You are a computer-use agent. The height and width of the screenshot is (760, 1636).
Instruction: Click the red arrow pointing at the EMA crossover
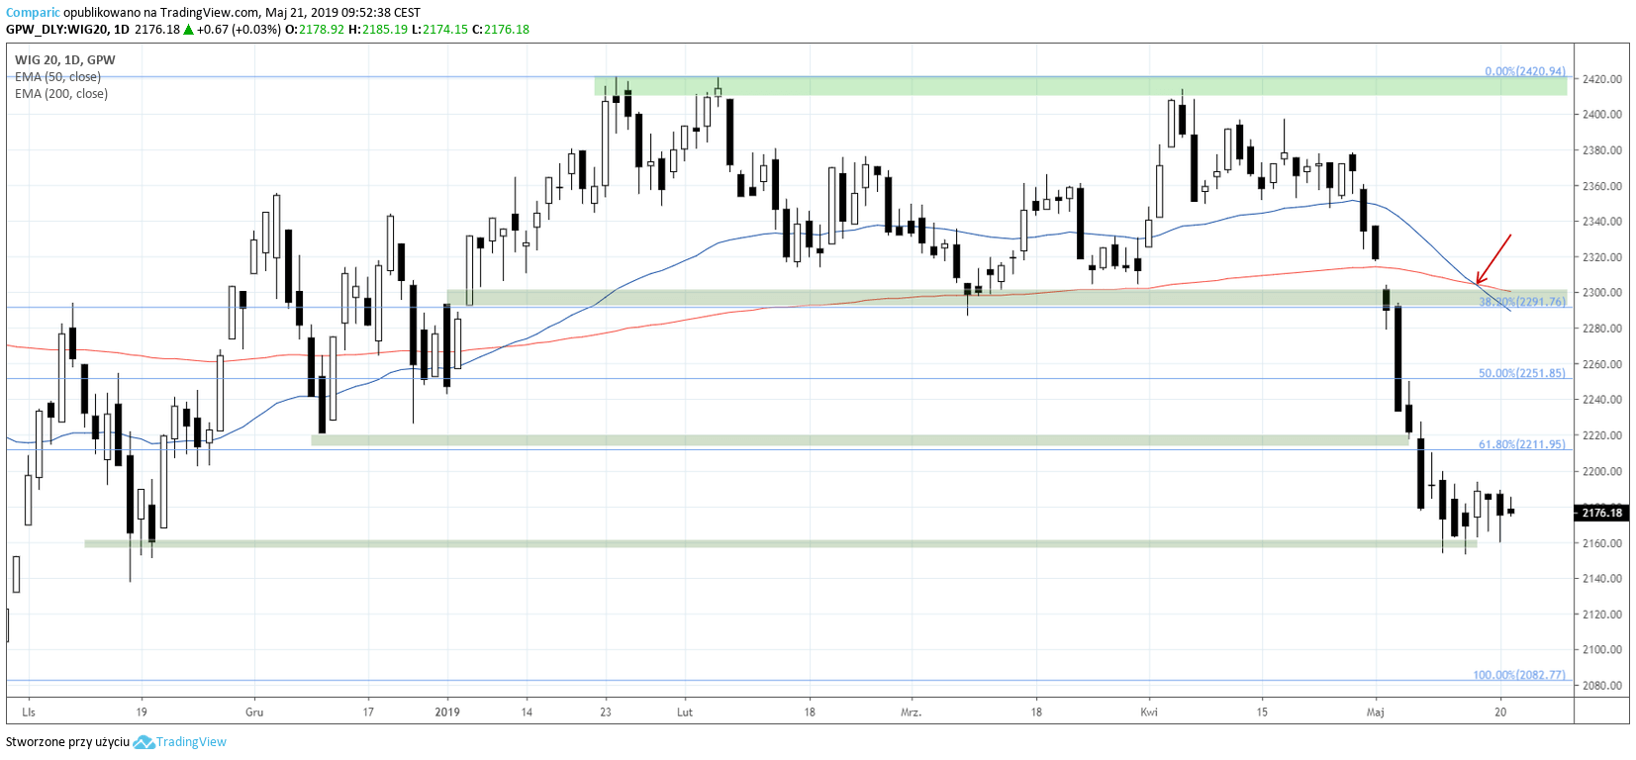point(1493,259)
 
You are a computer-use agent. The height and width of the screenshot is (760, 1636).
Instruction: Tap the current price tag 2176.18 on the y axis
point(1601,513)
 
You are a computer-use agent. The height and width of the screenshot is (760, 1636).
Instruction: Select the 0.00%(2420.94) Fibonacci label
point(1524,71)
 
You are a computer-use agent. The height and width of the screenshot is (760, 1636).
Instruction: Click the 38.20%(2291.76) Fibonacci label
point(1522,302)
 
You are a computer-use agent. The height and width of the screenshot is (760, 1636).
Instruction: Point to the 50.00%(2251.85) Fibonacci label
point(1521,373)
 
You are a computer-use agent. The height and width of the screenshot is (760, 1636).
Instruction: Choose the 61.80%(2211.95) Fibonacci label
point(1521,444)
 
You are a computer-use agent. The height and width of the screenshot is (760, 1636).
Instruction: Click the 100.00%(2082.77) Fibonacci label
point(1518,675)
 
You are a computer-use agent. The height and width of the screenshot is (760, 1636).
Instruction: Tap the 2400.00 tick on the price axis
point(1601,115)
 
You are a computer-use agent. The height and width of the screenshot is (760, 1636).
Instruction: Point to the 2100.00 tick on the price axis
point(1601,650)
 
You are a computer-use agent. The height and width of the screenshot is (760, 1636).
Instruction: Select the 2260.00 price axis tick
point(1601,364)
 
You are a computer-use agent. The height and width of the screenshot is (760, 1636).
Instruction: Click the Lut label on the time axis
point(685,712)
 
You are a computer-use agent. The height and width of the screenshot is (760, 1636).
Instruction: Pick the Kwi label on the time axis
point(1149,712)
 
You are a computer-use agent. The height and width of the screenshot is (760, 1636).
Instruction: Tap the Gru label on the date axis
point(254,712)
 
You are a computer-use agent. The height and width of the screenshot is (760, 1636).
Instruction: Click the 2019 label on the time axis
point(447,712)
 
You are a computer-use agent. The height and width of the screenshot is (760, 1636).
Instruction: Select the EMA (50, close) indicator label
point(57,77)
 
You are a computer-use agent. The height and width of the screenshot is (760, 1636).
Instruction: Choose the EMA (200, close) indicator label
point(61,94)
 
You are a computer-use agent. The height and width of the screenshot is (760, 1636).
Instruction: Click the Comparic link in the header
point(33,13)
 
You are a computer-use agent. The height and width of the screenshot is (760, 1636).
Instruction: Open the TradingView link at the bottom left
point(190,742)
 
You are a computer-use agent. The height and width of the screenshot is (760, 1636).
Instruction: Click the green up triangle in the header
point(188,30)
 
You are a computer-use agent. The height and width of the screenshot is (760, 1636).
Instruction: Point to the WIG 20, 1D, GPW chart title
point(65,60)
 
